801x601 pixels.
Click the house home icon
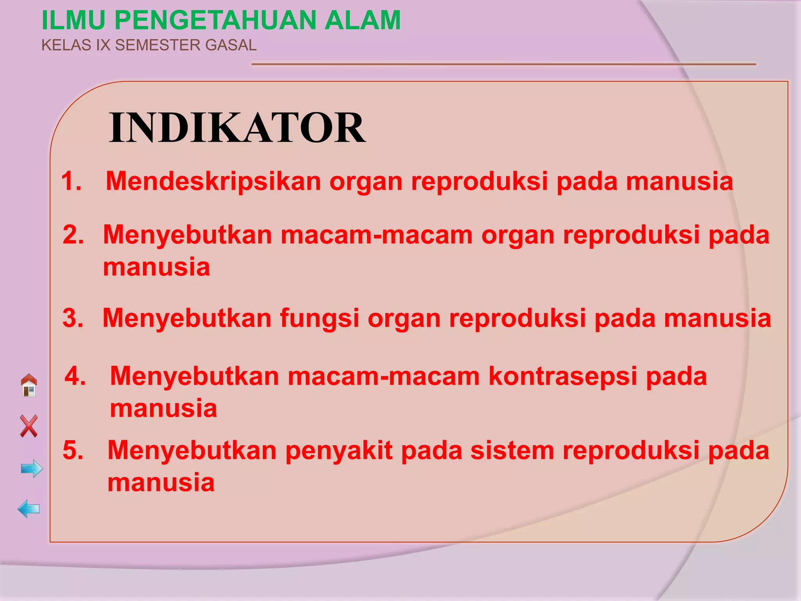(29, 385)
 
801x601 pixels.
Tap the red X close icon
(29, 426)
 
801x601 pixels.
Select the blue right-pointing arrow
(32, 468)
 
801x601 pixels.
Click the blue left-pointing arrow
(29, 509)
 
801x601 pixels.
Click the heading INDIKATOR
(237, 128)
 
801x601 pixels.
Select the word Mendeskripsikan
(213, 182)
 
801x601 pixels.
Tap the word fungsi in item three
(319, 318)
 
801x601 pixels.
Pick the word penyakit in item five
(339, 450)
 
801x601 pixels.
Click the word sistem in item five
(512, 450)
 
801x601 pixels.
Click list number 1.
(72, 182)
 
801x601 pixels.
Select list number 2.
(73, 235)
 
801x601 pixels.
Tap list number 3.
(73, 318)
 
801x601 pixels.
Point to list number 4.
(75, 376)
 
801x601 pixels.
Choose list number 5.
(73, 450)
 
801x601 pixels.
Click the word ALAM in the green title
(363, 20)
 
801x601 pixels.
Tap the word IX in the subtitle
(103, 45)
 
